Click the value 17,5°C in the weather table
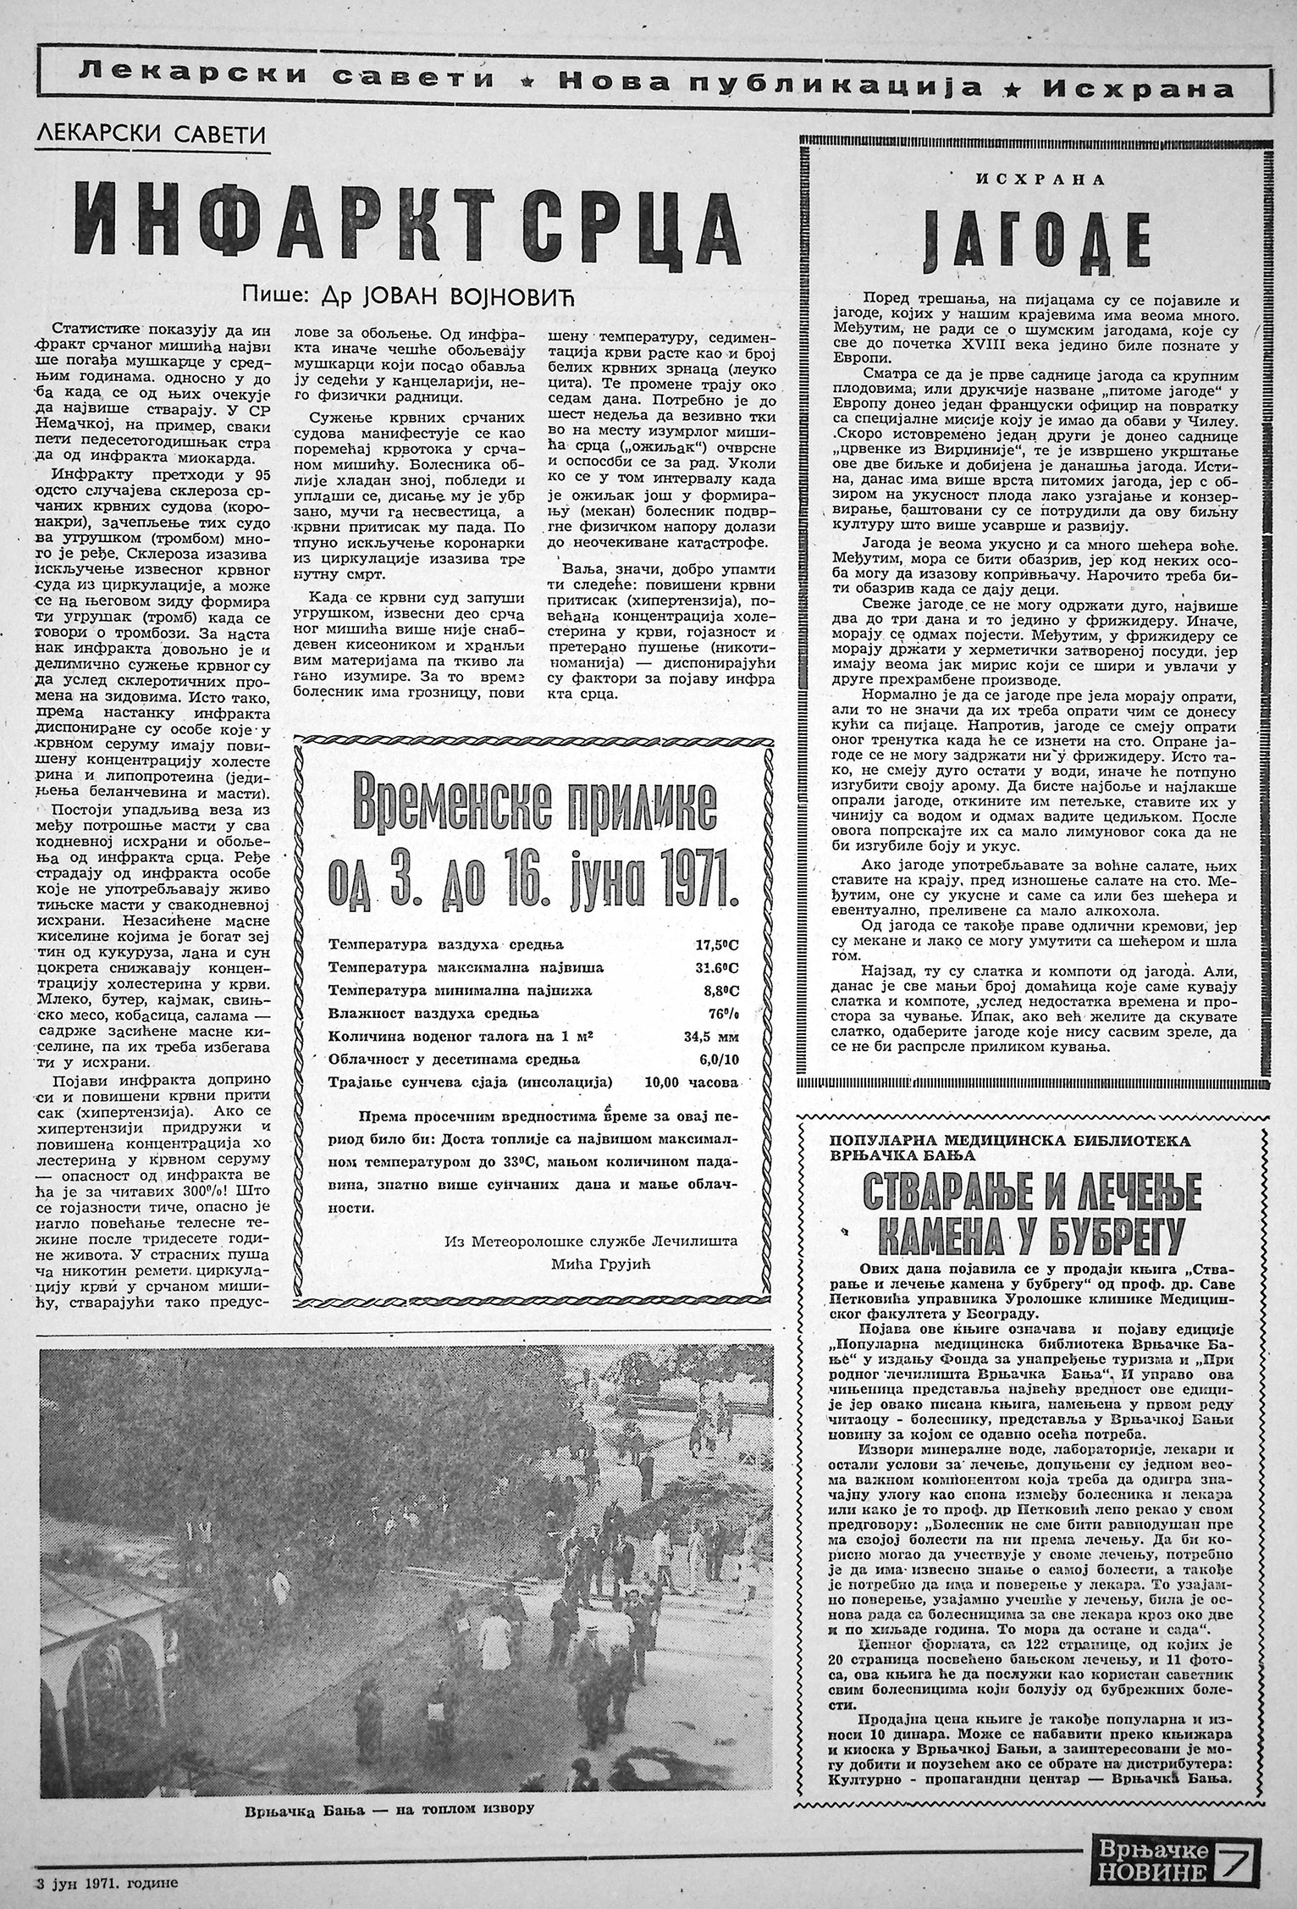pos(713,944)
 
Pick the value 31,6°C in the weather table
pos(713,967)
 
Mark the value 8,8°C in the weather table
pos(716,990)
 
